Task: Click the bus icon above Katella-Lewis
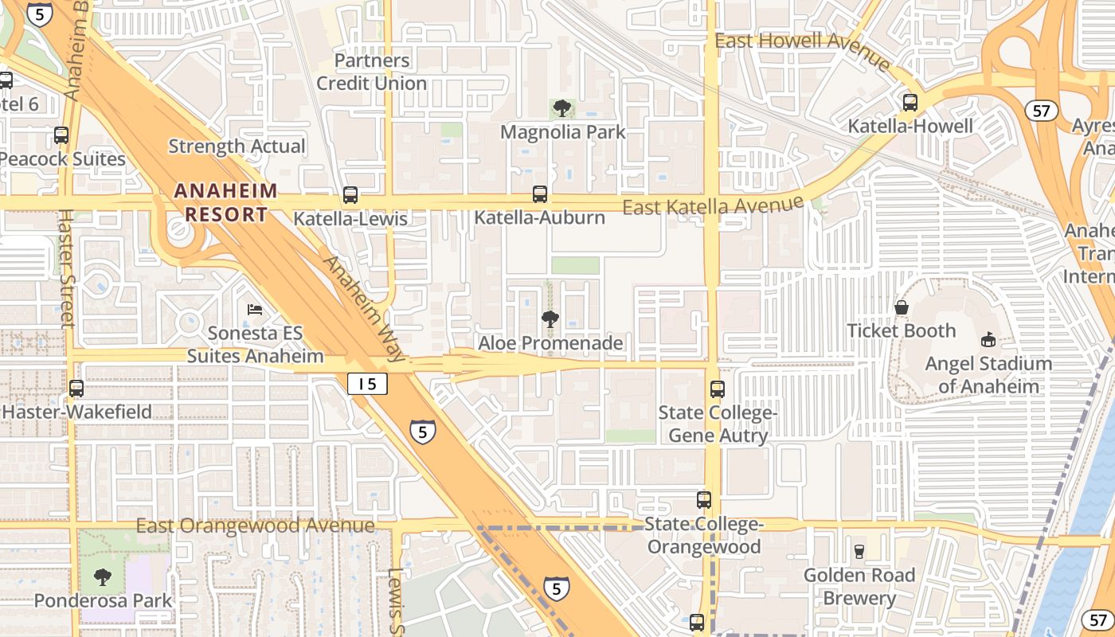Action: (x=350, y=195)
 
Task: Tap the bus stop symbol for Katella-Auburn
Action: (x=540, y=194)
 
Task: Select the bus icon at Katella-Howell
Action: (x=910, y=103)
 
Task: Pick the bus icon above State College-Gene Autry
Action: (x=718, y=389)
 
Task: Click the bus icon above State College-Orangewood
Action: (x=704, y=500)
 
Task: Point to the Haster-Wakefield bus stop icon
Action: (x=76, y=389)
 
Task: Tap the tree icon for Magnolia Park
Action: (x=562, y=108)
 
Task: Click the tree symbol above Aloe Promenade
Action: (x=550, y=320)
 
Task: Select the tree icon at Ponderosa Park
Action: (x=103, y=577)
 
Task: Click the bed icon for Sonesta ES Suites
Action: (x=255, y=309)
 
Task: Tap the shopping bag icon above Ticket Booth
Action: (x=902, y=307)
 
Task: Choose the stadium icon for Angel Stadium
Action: (x=988, y=340)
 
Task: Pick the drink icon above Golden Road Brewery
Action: (x=859, y=551)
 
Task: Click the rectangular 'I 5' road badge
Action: (x=367, y=384)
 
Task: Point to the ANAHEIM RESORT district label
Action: (x=225, y=202)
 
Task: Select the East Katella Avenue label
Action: (x=713, y=206)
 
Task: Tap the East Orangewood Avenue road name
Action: (x=255, y=526)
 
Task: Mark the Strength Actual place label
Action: (x=237, y=147)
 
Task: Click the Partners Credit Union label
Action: (x=372, y=72)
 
